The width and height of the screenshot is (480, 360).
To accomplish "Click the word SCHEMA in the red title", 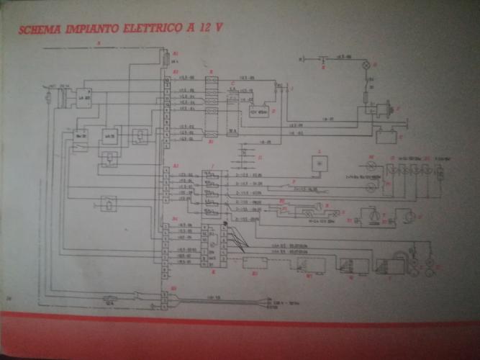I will coord(40,30).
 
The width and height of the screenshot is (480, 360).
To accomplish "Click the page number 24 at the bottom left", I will coord(9,297).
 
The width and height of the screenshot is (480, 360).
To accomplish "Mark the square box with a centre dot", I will coord(317,163).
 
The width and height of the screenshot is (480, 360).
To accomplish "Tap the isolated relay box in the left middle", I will coord(108,204).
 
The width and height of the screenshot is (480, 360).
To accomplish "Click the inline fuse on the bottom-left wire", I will coord(110,298).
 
